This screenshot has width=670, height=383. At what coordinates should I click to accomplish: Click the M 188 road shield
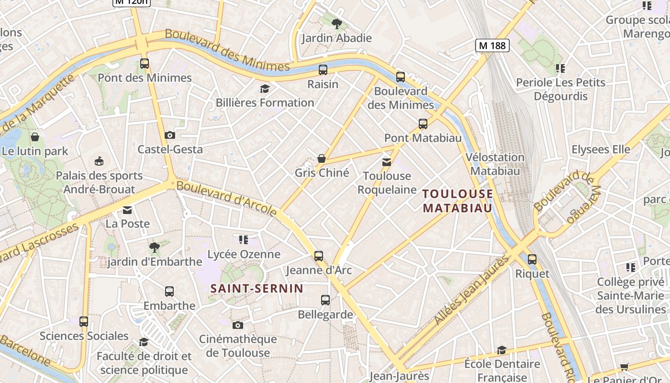pos(492,45)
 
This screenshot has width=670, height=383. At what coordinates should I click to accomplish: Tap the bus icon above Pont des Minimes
pos(145,63)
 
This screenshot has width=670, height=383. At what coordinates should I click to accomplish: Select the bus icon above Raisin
pos(323,70)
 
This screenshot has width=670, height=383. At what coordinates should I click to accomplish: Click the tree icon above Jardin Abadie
pos(337,23)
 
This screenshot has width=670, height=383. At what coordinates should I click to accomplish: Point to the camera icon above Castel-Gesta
pos(170,135)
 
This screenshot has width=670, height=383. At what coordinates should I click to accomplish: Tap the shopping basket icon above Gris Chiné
pos(322,158)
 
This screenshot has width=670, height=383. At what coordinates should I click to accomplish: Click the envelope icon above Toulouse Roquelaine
pos(387,162)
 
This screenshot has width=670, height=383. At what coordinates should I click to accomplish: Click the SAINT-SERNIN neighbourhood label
pos(257,288)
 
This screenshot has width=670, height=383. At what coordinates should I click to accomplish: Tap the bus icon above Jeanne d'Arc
pos(319,256)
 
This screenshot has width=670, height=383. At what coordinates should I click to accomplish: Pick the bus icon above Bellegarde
pos(325,300)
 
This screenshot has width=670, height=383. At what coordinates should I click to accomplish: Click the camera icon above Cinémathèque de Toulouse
pos(238,326)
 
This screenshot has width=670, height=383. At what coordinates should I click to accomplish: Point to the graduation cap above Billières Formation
pos(265,89)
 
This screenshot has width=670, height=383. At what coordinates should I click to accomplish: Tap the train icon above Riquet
pos(532,259)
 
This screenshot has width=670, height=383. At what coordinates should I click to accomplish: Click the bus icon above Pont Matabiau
pos(423,124)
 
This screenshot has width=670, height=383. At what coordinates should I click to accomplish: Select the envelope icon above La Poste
pos(127,210)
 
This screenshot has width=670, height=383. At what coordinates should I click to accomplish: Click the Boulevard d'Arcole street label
pos(226,198)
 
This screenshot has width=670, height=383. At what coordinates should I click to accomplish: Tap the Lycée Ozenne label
pos(244,254)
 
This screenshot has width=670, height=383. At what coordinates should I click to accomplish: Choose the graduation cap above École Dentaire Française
pos(502,350)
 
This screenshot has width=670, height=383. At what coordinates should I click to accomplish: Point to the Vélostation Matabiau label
pos(495,164)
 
